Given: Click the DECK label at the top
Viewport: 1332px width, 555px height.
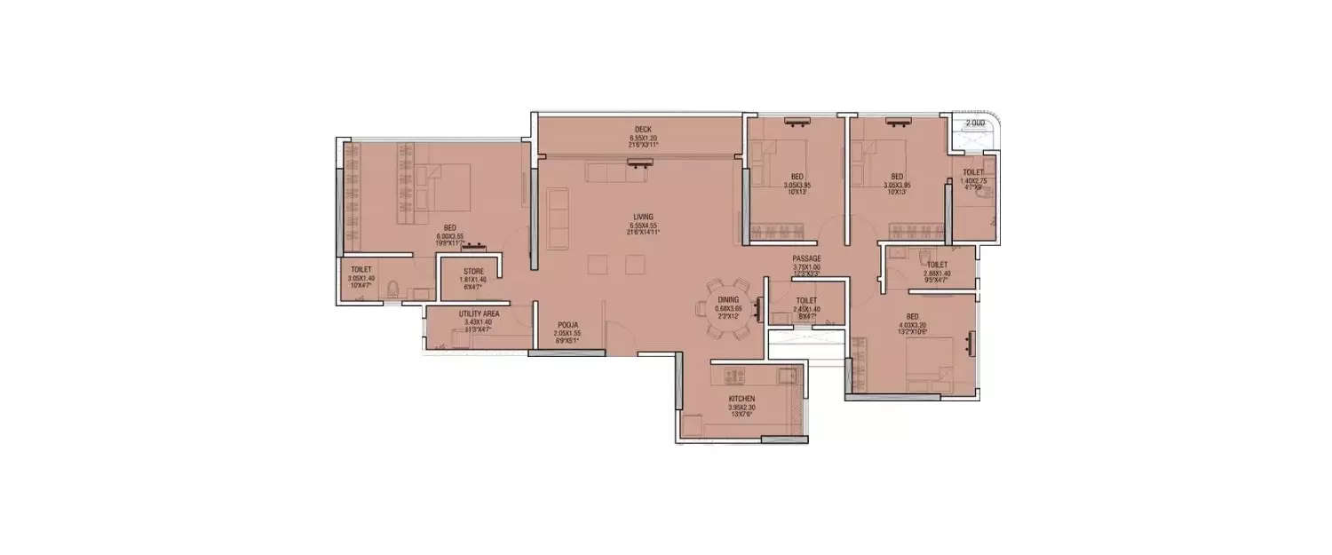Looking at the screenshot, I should tap(642, 130).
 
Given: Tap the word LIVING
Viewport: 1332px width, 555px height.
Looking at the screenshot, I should tap(643, 217).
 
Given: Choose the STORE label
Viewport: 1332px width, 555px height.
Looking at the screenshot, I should tap(473, 272).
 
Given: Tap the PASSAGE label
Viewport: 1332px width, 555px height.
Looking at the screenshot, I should tap(807, 258).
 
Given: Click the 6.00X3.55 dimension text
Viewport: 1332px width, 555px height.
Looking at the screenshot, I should tap(450, 237).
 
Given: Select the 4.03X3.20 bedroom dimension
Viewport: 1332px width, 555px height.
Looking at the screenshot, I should tap(913, 324).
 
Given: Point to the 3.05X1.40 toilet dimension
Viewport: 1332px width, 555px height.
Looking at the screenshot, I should tap(361, 278).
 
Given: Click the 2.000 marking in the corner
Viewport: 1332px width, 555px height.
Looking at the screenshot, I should tap(975, 123).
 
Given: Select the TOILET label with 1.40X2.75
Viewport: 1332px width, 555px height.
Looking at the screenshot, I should tap(973, 171).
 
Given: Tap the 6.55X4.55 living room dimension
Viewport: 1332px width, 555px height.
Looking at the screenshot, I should tap(643, 226).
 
